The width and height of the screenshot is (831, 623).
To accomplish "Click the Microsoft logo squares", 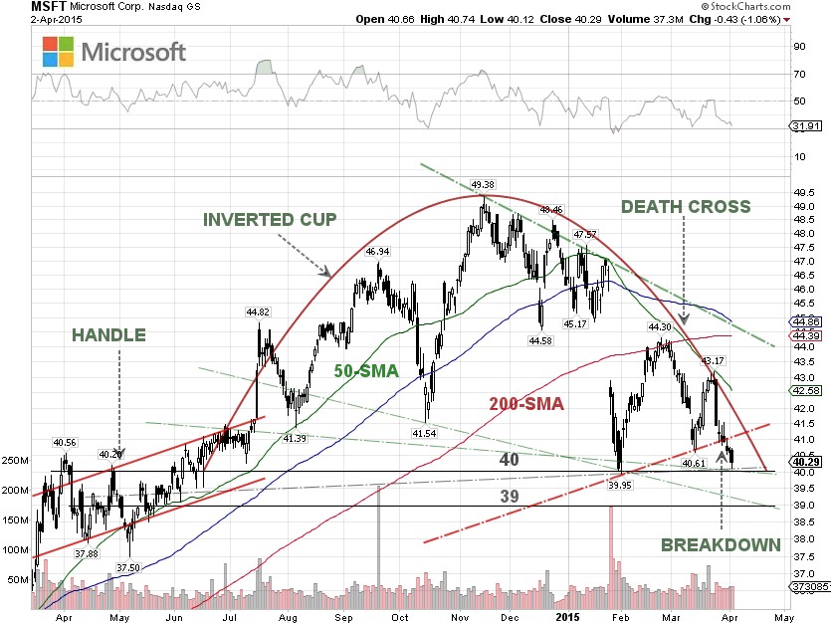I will (58, 52).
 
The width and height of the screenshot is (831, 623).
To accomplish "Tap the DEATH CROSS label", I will (686, 206).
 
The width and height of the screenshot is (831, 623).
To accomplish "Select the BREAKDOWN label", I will (722, 544).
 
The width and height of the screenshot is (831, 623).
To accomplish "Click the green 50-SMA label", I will (365, 371).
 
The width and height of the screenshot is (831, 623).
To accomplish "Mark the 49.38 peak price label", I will (483, 184).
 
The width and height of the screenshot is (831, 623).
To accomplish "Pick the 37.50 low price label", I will (128, 567).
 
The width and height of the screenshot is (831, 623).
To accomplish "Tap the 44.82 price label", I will (259, 311).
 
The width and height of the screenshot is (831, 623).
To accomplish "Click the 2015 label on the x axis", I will (567, 617).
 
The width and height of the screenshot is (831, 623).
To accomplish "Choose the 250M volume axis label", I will (17, 461).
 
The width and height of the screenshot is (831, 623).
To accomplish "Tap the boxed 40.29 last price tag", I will (806, 461).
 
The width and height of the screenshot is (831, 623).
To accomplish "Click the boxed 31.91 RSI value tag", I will (806, 126).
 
